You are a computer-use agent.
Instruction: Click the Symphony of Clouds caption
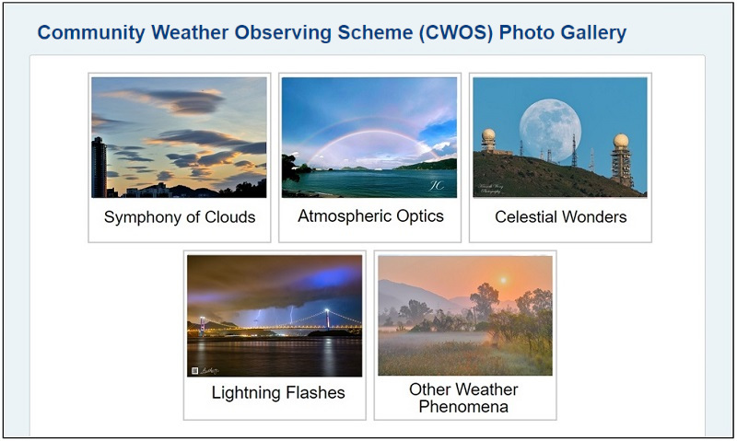point(180,218)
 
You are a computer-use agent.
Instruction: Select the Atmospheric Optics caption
point(370,216)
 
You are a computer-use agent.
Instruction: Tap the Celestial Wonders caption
point(560,218)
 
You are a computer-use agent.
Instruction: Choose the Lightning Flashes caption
point(278,393)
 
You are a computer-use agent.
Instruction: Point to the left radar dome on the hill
point(488,137)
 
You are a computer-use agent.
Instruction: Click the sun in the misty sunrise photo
point(503,279)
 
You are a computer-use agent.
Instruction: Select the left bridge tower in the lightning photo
point(202,324)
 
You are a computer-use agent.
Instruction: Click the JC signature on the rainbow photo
point(436,184)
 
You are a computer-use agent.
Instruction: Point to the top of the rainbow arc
point(368,132)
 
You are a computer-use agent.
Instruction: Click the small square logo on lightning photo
point(195,370)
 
